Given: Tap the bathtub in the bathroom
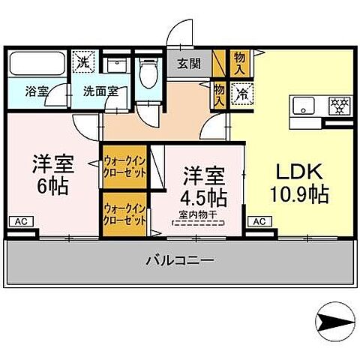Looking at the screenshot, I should (37, 63).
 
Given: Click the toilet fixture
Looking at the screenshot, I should (148, 73).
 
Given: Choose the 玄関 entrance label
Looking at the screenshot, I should (190, 64).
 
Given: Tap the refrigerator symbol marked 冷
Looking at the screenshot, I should (242, 94).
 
